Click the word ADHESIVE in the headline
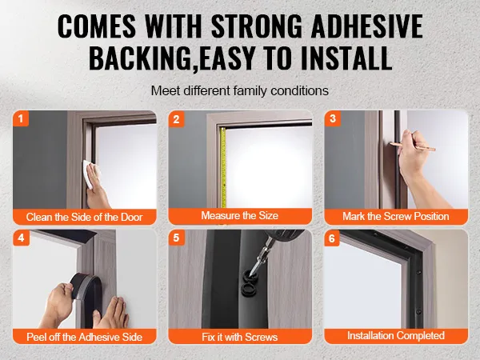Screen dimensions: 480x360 coord(366,26)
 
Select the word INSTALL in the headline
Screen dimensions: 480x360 coord(346,58)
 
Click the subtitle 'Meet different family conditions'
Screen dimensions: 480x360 coord(240,90)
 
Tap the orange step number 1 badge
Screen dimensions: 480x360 coord(21,118)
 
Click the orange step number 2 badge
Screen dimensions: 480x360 coord(176,118)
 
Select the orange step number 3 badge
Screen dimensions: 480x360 coord(333,118)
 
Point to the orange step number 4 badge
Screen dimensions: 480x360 coord(21,238)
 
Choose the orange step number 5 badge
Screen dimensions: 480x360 coord(176,238)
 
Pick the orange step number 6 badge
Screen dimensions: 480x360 coord(332,238)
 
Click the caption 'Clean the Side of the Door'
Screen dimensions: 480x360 coord(85,217)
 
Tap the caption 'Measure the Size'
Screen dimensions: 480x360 coord(240,215)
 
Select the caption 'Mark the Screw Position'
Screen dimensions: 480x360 coord(396,217)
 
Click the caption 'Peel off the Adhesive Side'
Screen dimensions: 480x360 coord(85,337)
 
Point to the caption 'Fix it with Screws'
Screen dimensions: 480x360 coord(240,337)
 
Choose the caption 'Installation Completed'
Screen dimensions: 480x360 coord(396,335)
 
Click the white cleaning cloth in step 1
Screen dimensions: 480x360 coord(89,174)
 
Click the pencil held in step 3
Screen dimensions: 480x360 coord(413,146)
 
